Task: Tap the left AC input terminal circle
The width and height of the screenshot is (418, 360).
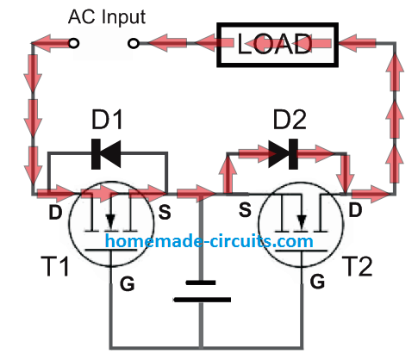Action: click(x=74, y=42)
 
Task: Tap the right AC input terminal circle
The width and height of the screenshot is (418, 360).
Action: click(x=134, y=42)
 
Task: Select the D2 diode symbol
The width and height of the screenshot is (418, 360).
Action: click(x=282, y=155)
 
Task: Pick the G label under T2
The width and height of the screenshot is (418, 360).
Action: click(x=316, y=281)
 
